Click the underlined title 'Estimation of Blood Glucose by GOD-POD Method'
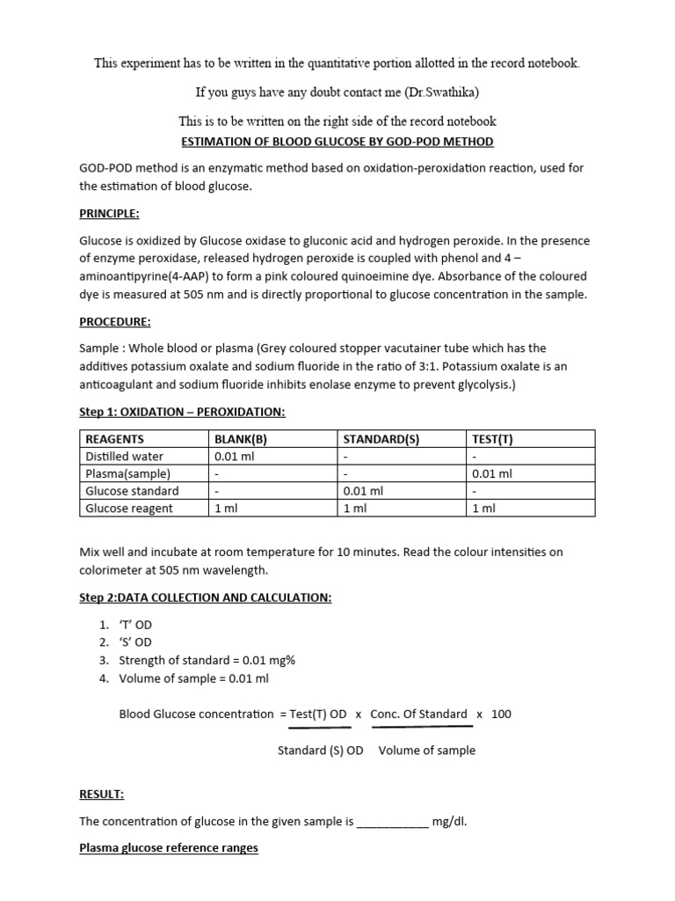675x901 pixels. coord(337,141)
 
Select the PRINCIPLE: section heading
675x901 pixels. coord(109,214)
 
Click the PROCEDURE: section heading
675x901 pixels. coord(114,321)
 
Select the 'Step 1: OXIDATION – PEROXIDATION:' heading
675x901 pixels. coord(182,413)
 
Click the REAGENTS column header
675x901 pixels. coord(114,439)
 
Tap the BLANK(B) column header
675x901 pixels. coord(240,439)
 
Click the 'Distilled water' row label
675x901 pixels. coord(124,456)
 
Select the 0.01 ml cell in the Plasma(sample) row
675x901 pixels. coord(492,473)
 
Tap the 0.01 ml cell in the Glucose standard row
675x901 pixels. coord(363,491)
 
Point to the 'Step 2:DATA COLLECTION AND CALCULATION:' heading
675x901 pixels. coord(205,598)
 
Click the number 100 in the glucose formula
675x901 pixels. coord(501,714)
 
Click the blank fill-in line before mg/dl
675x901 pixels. coord(393,822)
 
